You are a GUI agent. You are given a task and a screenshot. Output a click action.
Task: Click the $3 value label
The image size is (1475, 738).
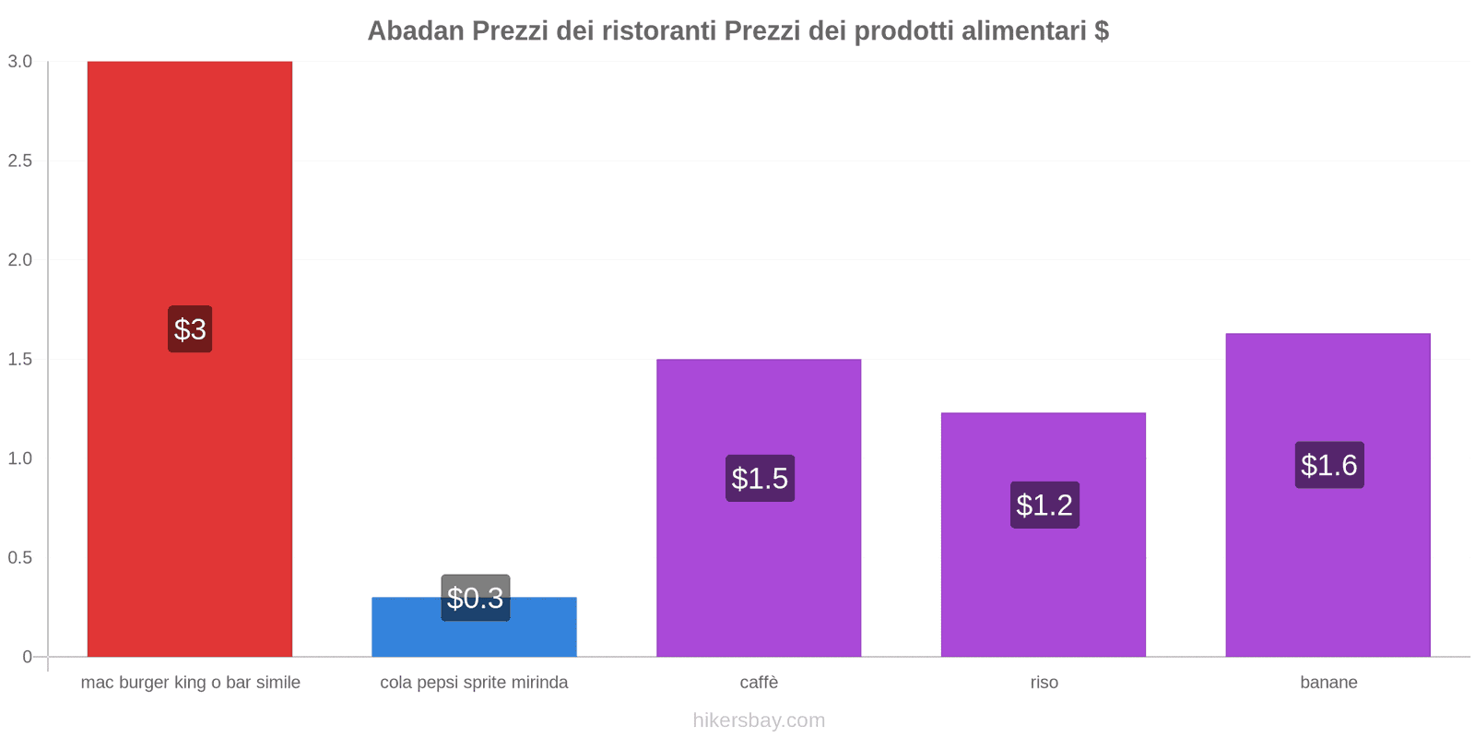click(x=190, y=329)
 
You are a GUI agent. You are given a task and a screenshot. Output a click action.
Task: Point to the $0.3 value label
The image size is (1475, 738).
click(x=475, y=598)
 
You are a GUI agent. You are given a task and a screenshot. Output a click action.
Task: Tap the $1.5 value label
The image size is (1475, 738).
click(x=760, y=478)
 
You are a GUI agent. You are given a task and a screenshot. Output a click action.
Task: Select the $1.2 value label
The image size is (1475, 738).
click(x=1044, y=505)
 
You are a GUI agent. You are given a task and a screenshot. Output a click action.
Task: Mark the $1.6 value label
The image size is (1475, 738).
click(x=1328, y=465)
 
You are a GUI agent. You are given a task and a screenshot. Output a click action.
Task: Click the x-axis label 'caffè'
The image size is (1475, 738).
click(x=759, y=683)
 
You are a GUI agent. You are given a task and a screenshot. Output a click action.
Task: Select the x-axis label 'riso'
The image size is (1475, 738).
click(x=1044, y=683)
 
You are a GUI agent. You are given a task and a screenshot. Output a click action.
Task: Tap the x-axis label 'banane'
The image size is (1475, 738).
click(x=1328, y=683)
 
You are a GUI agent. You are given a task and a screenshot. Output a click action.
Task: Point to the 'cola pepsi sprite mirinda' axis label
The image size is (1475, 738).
click(x=474, y=683)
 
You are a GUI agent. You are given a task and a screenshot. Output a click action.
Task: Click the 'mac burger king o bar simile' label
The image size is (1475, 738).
click(x=190, y=683)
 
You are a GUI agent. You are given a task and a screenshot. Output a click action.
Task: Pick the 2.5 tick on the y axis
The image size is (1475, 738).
click(x=20, y=161)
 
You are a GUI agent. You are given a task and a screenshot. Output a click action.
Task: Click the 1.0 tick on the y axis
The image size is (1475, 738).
click(x=20, y=458)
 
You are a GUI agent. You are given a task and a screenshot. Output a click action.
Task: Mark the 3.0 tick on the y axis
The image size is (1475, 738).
click(x=20, y=62)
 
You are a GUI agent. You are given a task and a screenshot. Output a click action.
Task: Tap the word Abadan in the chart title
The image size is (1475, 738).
click(x=416, y=31)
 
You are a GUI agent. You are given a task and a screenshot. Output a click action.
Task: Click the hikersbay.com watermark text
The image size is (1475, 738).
click(x=759, y=720)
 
